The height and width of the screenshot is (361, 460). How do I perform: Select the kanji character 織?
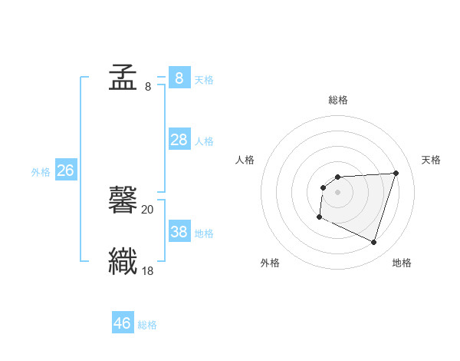[123, 260]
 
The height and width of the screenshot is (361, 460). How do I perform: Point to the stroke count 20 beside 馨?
[147, 209]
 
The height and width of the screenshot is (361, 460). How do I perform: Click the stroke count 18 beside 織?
[147, 270]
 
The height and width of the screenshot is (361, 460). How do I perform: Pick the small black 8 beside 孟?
[148, 86]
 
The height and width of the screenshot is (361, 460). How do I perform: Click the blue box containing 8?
[179, 78]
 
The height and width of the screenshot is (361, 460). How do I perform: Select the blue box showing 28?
[179, 140]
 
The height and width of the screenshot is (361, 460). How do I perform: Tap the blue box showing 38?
[179, 232]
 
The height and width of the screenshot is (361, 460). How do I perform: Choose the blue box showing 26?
[65, 171]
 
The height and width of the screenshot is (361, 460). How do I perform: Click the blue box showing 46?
[123, 323]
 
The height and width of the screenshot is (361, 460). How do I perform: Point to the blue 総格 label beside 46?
[147, 325]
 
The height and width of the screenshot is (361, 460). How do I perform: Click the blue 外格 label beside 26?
[41, 172]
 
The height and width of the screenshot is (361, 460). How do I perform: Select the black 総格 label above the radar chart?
[337, 100]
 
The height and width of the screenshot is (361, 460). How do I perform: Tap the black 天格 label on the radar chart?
[432, 160]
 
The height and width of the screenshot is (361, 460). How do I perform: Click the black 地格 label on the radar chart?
[402, 263]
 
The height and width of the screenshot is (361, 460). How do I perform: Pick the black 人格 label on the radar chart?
[245, 160]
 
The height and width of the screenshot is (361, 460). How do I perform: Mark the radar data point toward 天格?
[396, 173]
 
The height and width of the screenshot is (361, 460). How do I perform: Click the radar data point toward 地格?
[373, 243]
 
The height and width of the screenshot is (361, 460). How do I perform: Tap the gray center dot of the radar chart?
[337, 192]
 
